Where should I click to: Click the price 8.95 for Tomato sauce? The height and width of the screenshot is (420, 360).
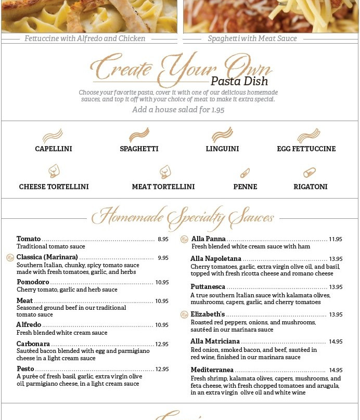click(x=163, y=239)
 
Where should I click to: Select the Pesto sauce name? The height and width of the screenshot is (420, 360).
click(x=25, y=369)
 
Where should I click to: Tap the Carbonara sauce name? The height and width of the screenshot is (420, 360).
click(x=33, y=344)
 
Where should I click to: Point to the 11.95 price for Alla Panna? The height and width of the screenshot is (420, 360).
click(x=335, y=239)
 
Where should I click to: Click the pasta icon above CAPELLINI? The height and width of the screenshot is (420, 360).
click(x=53, y=136)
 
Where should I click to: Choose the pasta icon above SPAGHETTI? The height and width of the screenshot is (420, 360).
click(x=139, y=135)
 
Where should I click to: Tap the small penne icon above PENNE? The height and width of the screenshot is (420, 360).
click(x=245, y=173)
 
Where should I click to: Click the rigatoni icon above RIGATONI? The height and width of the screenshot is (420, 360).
click(x=310, y=173)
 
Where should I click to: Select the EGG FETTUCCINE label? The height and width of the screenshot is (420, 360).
click(x=306, y=149)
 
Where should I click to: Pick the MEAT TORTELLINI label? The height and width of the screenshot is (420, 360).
click(x=163, y=187)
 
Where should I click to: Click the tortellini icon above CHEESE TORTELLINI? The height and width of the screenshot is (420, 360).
click(x=54, y=171)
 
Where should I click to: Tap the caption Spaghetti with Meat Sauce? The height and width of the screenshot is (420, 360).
click(x=252, y=38)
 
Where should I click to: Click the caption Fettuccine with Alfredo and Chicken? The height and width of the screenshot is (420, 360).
click(x=85, y=38)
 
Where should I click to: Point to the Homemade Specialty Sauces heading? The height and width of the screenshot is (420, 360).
click(x=183, y=217)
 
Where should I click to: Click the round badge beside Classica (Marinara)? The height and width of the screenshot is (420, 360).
click(x=10, y=257)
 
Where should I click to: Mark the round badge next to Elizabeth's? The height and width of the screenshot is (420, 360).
click(x=184, y=314)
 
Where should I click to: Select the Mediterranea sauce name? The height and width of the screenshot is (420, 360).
click(x=212, y=370)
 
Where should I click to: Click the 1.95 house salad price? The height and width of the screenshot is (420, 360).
click(x=217, y=110)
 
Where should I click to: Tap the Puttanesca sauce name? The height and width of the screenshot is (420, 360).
click(x=208, y=287)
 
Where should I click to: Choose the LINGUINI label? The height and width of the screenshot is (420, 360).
click(x=222, y=149)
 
